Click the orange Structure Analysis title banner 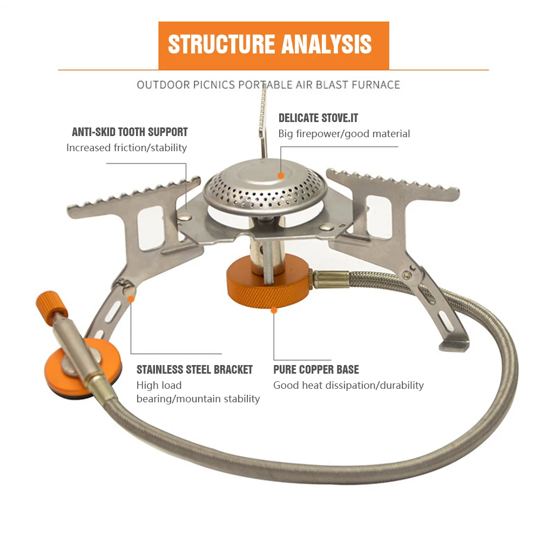pos(273,45)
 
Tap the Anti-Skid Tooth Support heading pos(130,132)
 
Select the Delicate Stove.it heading pos(318,118)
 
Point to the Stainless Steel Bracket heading pos(194,370)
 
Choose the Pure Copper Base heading pos(316,370)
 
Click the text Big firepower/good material pos(344,133)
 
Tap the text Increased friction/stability pos(126,147)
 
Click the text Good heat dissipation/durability pos(348,386)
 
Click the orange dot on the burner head pos(281,175)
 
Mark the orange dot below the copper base pos(274,310)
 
